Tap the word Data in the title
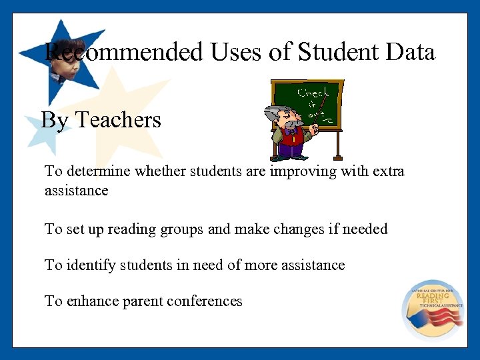411,52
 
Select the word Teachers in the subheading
118,120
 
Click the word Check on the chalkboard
313,93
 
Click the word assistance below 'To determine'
76,191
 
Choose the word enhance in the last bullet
91,301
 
